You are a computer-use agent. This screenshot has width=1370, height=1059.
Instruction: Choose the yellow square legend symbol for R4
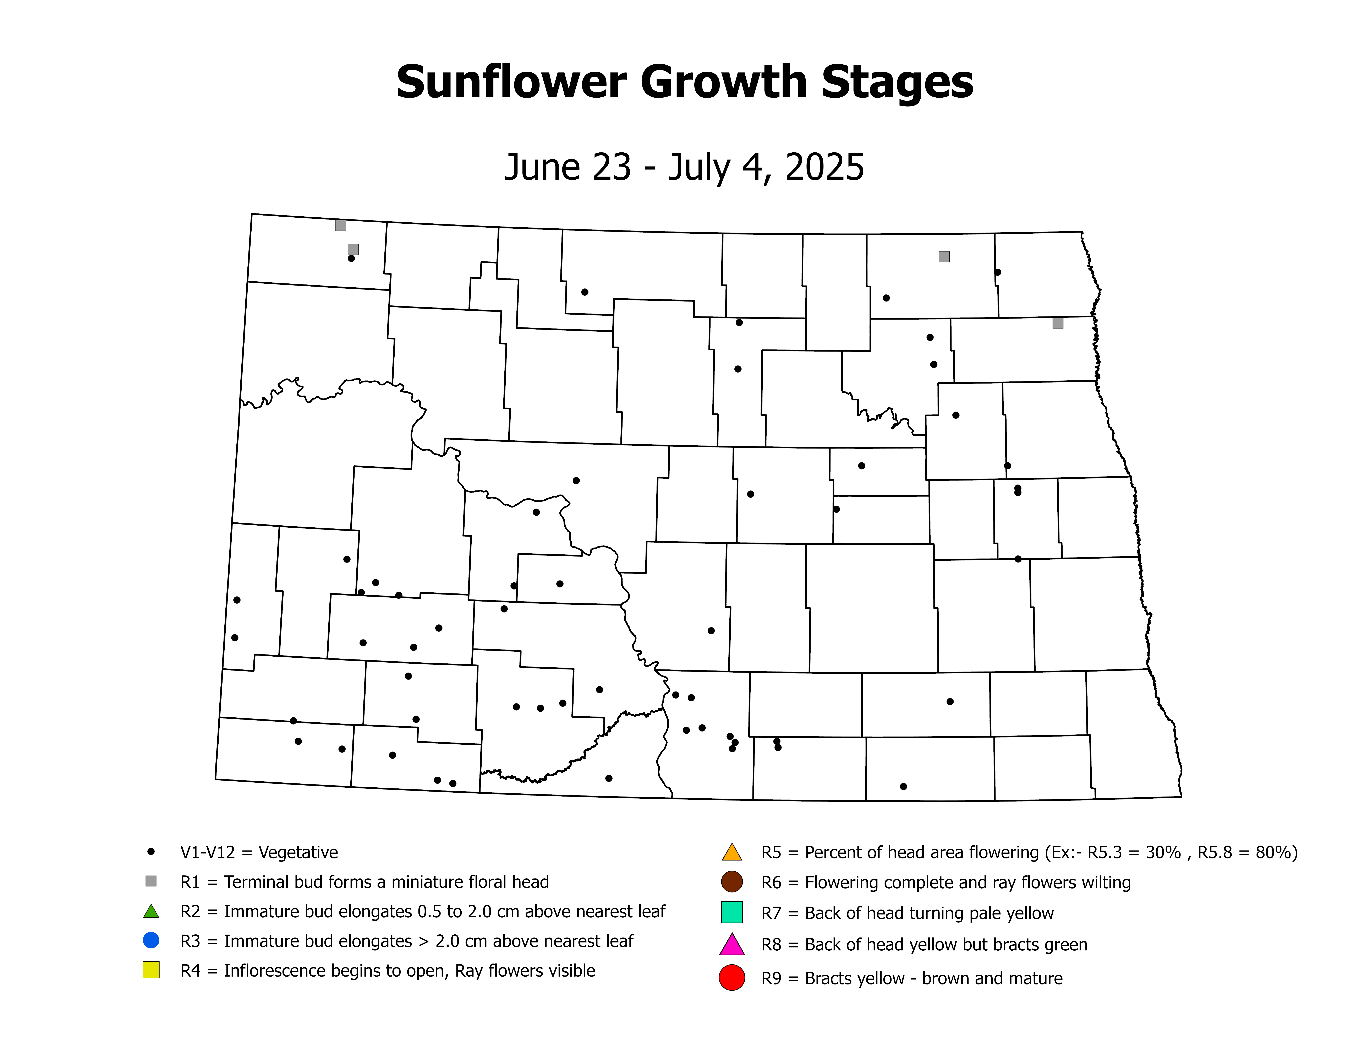[150, 970]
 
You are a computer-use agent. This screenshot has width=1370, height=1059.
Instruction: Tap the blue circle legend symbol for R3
[150, 940]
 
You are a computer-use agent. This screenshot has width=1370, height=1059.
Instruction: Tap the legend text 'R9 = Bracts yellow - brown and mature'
[911, 979]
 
